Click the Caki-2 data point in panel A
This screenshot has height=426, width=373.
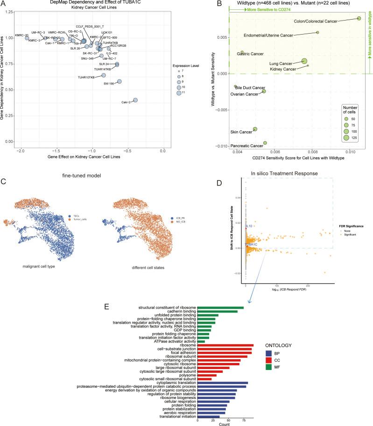tap(135, 100)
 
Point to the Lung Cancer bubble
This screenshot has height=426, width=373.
tap(304, 61)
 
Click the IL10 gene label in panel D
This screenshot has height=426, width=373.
tap(249, 226)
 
